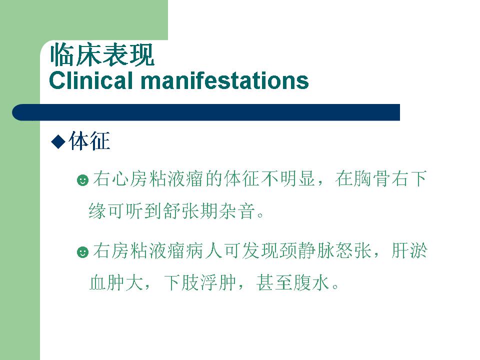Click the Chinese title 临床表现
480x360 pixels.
pos(102,55)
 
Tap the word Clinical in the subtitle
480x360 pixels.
pos(91,80)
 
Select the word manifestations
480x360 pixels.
pos(224,80)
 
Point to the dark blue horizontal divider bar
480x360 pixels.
pos(206,112)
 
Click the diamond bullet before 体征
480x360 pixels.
pos(58,141)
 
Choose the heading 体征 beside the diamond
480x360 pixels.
pos(89,141)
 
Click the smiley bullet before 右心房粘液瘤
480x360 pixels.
pos(82,180)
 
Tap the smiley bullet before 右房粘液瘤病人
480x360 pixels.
pos(82,252)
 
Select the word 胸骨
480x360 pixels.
pos(371,179)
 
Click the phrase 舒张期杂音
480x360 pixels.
pos(209,211)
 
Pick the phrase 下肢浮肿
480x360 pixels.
pos(200,282)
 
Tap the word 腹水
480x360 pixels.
pos(311,282)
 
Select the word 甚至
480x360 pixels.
pos(274,282)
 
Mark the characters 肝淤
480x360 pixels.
pos(409,251)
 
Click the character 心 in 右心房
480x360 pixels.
pos(120,179)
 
